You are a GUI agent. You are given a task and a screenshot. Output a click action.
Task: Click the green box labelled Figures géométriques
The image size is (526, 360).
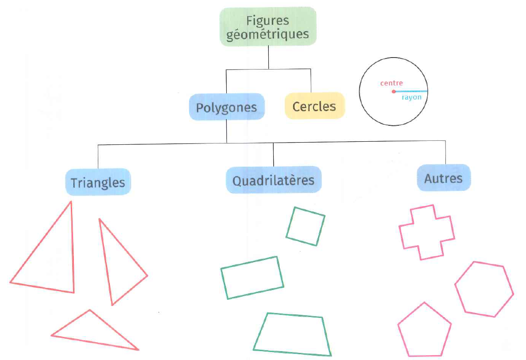tap(268, 27)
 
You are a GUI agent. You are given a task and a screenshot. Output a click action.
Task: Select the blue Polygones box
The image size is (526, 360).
tap(227, 107)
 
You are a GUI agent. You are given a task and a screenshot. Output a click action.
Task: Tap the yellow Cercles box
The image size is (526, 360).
tap(314, 106)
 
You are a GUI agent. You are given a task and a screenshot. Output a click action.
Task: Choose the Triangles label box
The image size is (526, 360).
tap(98, 182)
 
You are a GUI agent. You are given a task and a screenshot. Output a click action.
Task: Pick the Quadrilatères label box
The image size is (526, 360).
tap(273, 180)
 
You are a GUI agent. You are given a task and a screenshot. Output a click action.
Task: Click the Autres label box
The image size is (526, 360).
tap(443, 178)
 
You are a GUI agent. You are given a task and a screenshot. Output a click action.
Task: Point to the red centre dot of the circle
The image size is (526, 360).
tap(394, 92)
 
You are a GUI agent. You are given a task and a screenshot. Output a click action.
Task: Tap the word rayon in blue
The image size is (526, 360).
tap(411, 97)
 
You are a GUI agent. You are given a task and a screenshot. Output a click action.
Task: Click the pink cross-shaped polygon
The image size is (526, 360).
tap(426, 232)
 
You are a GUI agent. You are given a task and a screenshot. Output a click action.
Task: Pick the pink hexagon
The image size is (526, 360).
tap(484, 289)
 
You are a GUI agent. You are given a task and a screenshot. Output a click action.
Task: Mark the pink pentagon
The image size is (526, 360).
tap(424, 330)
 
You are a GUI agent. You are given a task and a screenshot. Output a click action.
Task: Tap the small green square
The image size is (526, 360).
tap(306, 226)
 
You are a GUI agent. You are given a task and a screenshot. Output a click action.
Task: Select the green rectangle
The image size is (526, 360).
tap(252, 278)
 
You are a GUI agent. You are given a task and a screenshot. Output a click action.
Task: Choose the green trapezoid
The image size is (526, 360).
tap(293, 334)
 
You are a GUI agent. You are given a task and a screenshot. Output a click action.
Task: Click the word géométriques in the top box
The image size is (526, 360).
tap(267, 34)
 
